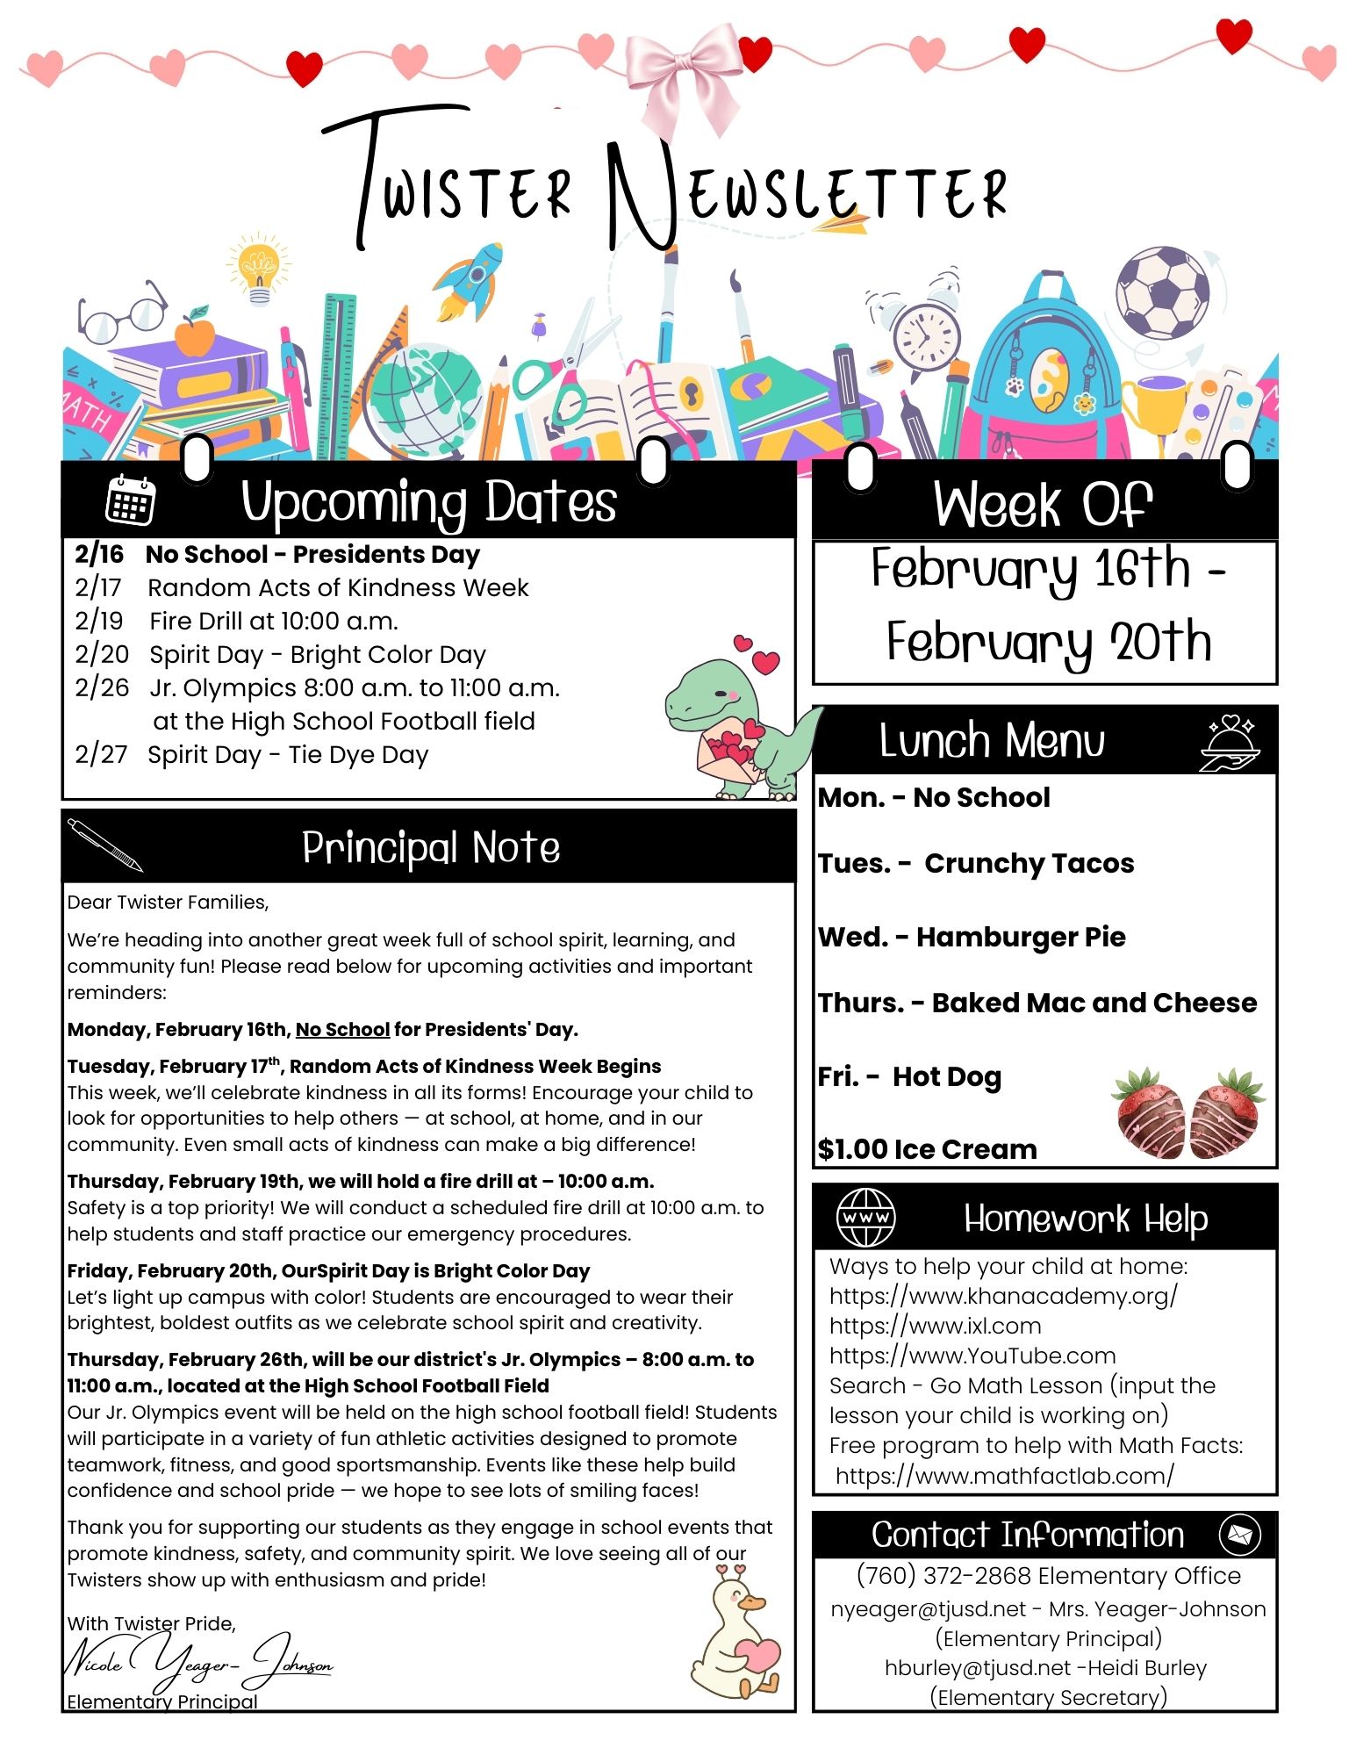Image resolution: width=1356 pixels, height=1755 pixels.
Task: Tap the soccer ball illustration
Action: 1161,292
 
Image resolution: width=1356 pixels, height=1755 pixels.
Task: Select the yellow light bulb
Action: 258,267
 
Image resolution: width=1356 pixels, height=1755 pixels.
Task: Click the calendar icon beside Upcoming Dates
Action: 130,500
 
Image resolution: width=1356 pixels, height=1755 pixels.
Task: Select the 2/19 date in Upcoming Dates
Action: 99,622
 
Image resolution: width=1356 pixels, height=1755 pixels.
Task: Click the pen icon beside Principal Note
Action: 104,845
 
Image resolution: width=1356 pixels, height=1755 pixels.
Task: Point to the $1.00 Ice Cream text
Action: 927,1149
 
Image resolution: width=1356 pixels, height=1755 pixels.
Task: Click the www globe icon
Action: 865,1218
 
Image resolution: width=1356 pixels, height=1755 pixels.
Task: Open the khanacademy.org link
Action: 1003,1297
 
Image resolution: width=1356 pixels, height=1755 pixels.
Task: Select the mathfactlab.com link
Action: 1004,1476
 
